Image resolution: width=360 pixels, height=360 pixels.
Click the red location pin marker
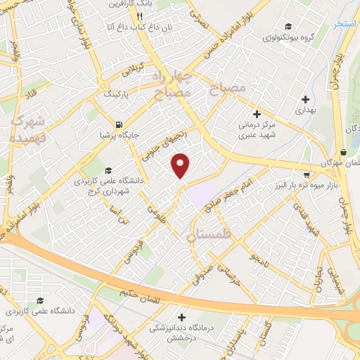click(181, 165)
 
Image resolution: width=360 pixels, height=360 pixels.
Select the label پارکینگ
click(117, 93)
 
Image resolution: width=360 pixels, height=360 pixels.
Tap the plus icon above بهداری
click(304, 98)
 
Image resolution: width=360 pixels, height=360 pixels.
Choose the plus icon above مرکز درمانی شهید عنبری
click(257, 113)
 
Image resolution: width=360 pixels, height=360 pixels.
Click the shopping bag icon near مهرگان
click(342, 152)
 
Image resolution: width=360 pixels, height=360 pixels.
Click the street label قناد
click(34, 91)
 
